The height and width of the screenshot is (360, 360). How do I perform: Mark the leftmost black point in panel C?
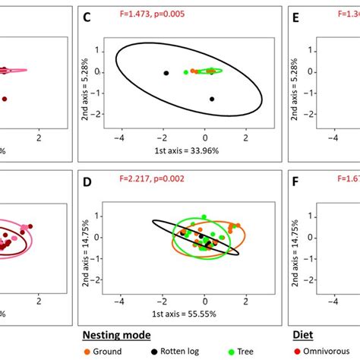click(x=165, y=73)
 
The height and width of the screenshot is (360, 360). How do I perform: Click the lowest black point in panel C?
click(x=212, y=99)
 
